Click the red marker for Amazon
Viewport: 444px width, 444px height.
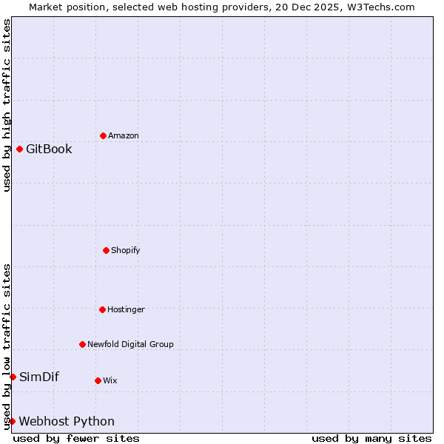(x=103, y=135)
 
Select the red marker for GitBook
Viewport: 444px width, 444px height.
(x=19, y=149)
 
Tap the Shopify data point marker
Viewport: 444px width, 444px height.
(x=106, y=250)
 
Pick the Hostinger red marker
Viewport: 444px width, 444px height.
(x=102, y=309)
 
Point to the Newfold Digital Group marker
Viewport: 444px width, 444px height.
(x=82, y=344)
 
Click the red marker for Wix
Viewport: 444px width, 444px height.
(x=98, y=380)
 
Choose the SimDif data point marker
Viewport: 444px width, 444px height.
(x=13, y=377)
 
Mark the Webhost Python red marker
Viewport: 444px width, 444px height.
(x=12, y=421)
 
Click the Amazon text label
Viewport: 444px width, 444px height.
(x=124, y=135)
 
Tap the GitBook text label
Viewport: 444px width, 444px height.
(x=49, y=149)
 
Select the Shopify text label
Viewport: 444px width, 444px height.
(x=126, y=250)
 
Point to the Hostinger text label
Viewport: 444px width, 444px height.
(x=126, y=309)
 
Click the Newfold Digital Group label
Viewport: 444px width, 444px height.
(x=130, y=344)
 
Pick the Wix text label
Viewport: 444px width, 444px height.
(x=110, y=380)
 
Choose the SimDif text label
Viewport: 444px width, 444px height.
(x=39, y=377)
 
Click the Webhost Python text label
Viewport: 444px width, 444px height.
(x=67, y=421)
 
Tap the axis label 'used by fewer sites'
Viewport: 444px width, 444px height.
(x=76, y=438)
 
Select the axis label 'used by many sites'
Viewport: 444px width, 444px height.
(x=371, y=438)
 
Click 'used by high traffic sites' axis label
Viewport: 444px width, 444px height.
(x=7, y=105)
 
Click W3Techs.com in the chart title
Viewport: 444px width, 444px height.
(x=379, y=7)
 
